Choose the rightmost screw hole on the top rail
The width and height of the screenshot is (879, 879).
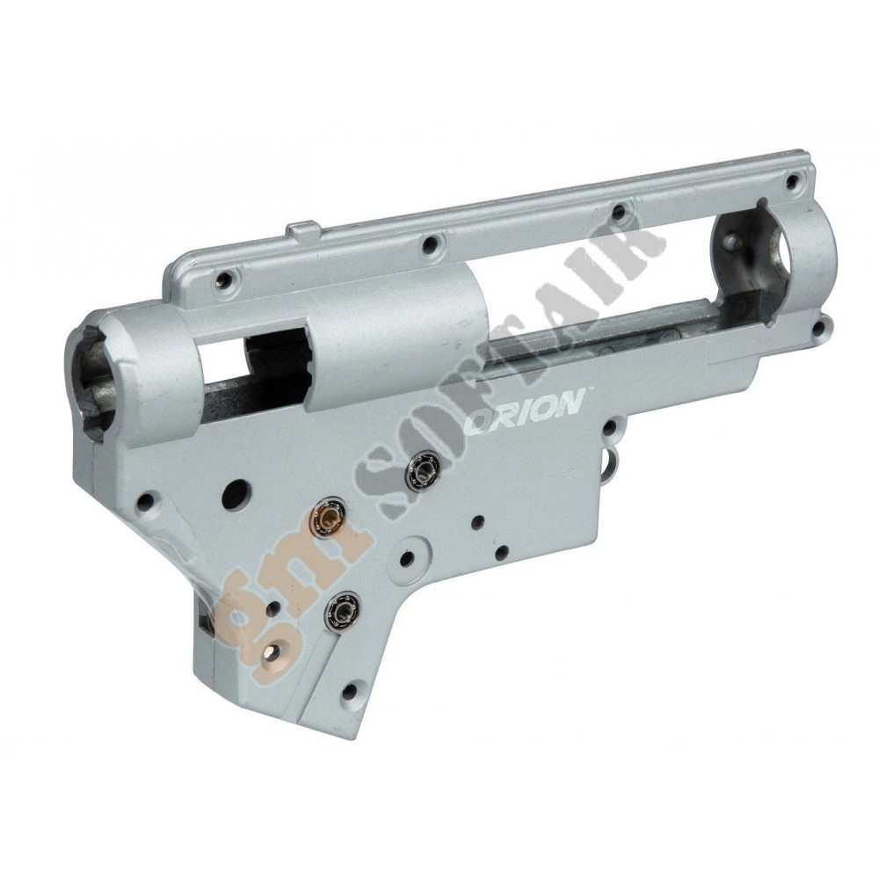pyautogui.click(x=792, y=181)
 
